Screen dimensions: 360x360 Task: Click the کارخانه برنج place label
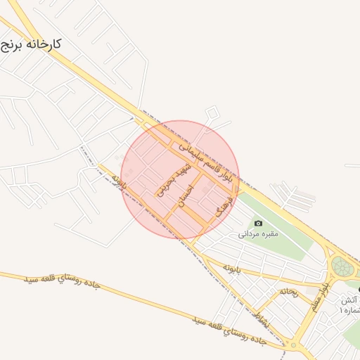coord(31,45)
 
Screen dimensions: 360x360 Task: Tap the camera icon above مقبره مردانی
coord(258,224)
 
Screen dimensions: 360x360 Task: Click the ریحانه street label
coord(289,290)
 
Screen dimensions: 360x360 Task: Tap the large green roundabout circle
coord(342,267)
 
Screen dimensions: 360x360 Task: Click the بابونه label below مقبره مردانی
coord(233,268)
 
